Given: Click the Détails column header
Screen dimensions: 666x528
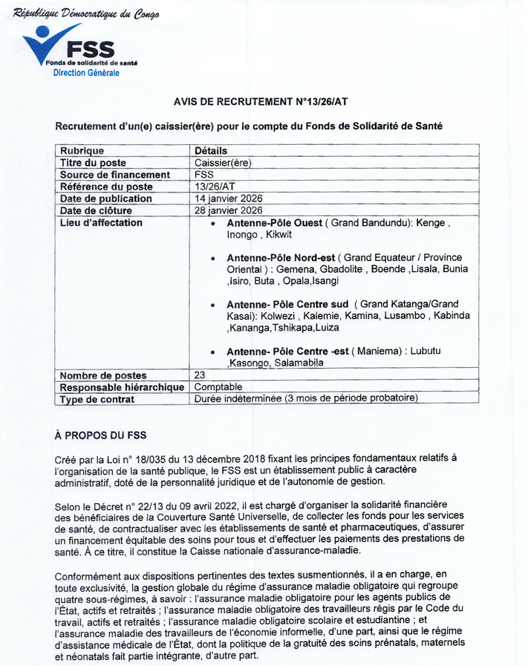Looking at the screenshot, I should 211,151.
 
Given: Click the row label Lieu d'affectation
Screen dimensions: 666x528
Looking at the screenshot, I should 101,222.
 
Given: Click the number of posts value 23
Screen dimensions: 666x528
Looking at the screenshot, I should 200,375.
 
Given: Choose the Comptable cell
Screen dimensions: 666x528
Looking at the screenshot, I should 218,387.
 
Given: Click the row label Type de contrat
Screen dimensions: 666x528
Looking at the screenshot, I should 97,399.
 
